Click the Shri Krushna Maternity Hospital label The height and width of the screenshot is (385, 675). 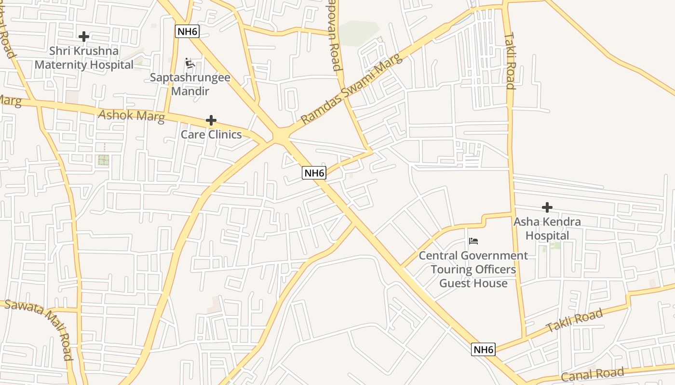[84, 58]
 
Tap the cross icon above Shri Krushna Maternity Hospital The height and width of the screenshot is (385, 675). [84, 36]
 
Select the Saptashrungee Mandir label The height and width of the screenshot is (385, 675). [190, 84]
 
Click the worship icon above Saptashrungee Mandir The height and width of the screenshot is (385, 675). [190, 63]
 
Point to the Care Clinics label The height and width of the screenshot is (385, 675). [211, 134]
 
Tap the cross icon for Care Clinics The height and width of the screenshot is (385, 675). [211, 120]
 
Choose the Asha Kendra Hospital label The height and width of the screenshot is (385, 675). [547, 229]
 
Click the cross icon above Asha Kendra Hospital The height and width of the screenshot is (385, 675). [547, 207]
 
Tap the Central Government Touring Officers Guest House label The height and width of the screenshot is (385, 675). [473, 269]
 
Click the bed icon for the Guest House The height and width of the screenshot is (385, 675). [473, 241]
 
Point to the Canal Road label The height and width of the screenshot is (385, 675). [593, 374]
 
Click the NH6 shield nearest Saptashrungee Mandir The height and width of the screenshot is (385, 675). [187, 32]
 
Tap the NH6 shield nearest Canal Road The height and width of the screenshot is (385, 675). [483, 349]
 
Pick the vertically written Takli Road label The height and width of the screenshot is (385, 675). [510, 61]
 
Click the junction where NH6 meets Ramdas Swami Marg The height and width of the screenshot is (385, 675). [280, 135]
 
